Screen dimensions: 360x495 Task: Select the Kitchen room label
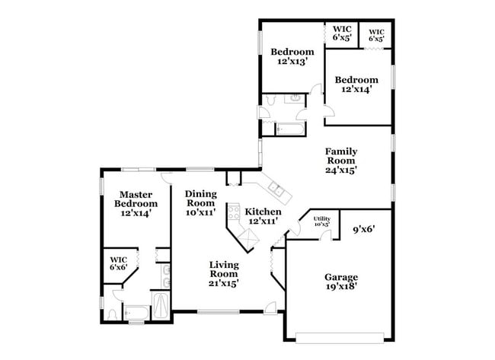coord(263,212)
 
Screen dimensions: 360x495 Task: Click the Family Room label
coord(342,156)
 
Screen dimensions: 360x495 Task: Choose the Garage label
coord(341,277)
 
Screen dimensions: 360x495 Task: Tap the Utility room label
coord(321,219)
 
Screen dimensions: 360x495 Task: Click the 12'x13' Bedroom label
coord(292,52)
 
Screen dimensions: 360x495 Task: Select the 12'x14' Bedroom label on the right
coord(356,80)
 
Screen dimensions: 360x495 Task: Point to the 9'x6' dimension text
coord(366,228)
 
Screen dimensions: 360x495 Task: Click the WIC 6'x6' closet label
coord(118,263)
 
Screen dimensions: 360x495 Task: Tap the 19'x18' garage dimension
coord(341,287)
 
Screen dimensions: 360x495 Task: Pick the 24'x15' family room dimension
coord(342,170)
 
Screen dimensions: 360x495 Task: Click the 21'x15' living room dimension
coord(225,283)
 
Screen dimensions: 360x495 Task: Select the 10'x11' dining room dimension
coord(203,213)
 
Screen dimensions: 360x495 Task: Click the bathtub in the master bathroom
coord(137,312)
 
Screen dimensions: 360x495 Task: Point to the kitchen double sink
coord(273,190)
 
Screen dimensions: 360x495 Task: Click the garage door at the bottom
coord(340,337)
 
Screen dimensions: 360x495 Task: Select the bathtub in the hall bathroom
coord(289,129)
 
